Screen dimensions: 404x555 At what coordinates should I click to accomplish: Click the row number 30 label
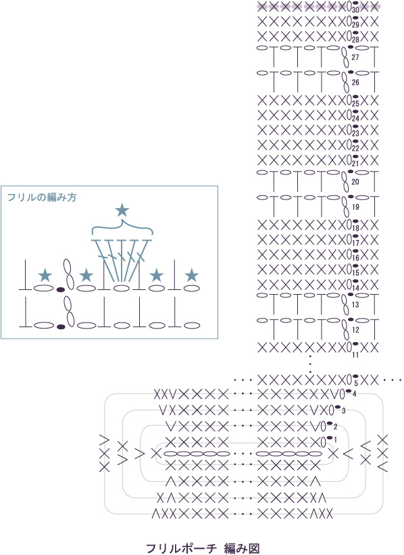coord(355,10)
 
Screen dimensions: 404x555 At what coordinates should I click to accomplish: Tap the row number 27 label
coord(355,57)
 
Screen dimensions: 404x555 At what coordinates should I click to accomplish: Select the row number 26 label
coord(355,82)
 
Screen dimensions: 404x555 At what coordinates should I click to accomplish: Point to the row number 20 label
coord(355,182)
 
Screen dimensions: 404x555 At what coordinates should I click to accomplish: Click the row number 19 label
coord(355,207)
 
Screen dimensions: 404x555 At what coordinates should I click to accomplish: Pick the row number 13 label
coord(355,305)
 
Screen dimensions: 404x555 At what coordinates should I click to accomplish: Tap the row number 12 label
coord(355,330)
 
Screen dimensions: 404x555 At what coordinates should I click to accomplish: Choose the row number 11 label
coord(355,355)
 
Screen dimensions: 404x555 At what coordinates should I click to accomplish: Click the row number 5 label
coord(355,383)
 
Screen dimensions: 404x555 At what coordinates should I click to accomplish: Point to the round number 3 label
coord(343,411)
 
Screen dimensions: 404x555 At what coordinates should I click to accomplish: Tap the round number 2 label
coord(335,426)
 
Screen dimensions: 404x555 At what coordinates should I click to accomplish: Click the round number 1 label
coord(335,440)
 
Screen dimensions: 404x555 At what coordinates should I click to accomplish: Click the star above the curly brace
coord(122,210)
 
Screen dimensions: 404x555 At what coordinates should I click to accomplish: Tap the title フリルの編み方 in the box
coord(42,197)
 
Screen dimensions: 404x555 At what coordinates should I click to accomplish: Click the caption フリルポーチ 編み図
coord(203,548)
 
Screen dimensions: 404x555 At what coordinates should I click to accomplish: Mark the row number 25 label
coord(355,103)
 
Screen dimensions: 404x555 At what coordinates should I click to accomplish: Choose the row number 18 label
coord(355,228)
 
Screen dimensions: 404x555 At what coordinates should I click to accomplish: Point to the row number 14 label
coord(355,288)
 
